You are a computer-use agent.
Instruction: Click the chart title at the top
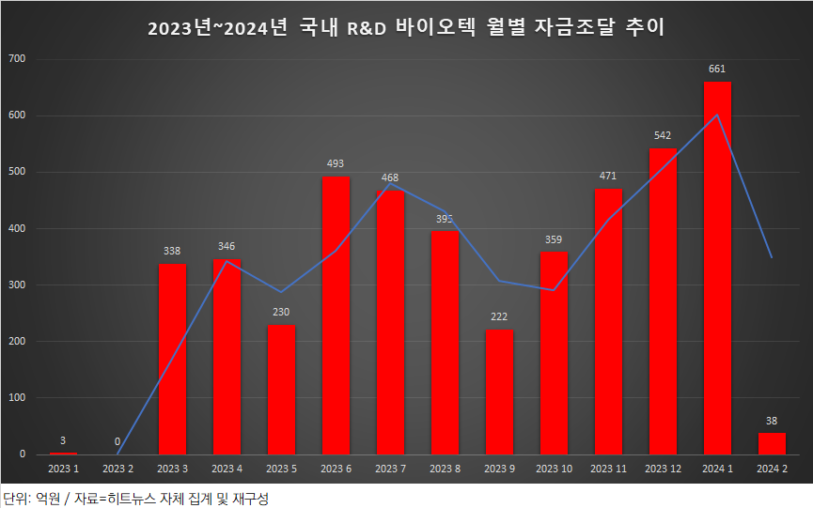click(x=406, y=28)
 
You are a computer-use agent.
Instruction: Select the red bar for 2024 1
click(x=717, y=268)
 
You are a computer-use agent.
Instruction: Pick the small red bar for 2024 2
click(x=772, y=443)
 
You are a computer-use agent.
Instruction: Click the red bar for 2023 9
click(x=499, y=392)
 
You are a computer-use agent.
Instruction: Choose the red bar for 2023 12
click(x=663, y=300)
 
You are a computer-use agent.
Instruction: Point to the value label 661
click(x=717, y=69)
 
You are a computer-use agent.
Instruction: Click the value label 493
click(x=336, y=163)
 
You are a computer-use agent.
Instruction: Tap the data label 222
click(x=499, y=316)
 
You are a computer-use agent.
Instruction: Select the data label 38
click(x=772, y=420)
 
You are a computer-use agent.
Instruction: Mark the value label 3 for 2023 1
click(x=63, y=440)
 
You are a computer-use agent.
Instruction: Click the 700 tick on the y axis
click(x=18, y=59)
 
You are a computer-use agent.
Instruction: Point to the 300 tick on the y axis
click(x=18, y=285)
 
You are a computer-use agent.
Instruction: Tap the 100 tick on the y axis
click(x=18, y=397)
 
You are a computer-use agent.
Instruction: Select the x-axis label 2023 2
click(x=117, y=468)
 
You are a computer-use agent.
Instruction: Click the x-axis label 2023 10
click(x=554, y=468)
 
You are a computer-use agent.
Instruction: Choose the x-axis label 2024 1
click(x=717, y=468)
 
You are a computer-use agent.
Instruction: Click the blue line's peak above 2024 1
click(x=717, y=115)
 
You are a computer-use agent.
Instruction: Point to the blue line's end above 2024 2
click(x=772, y=257)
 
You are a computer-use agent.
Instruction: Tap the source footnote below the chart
click(x=136, y=497)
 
